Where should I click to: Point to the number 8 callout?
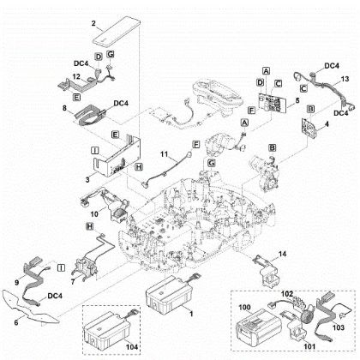click(65, 109)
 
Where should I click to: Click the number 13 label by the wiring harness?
click(345, 78)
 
